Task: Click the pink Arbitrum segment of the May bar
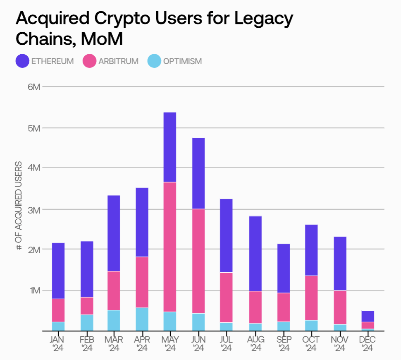click(170, 247)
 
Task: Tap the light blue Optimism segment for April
click(142, 319)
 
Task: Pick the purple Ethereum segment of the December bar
click(368, 316)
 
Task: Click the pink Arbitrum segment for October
click(311, 298)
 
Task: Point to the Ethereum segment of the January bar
click(58, 271)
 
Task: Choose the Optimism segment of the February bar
click(87, 323)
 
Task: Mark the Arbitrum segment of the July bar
click(227, 297)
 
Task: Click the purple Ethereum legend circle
click(22, 61)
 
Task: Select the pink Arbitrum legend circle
click(90, 61)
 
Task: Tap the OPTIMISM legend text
click(182, 62)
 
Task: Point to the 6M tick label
click(34, 87)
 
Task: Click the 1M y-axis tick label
click(34, 290)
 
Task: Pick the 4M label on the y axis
click(34, 168)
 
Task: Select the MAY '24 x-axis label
click(170, 344)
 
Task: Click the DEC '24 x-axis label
click(368, 344)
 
